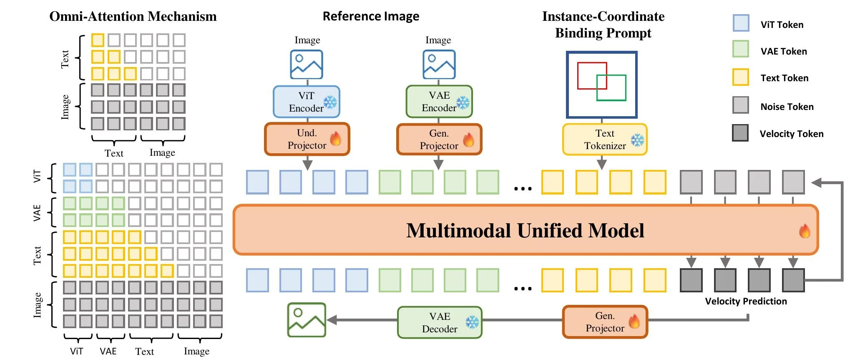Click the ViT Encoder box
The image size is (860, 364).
(x=306, y=102)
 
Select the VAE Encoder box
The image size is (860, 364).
(x=439, y=102)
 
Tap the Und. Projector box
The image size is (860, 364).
(x=307, y=139)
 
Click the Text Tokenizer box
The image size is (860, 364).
(x=604, y=140)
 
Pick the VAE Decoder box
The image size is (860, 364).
(x=440, y=323)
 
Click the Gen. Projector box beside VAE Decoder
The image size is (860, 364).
(x=605, y=322)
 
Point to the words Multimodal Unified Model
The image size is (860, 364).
(x=525, y=230)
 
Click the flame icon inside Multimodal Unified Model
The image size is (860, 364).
(x=805, y=231)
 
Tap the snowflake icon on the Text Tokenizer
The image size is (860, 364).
(x=637, y=140)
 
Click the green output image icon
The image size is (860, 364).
(x=306, y=320)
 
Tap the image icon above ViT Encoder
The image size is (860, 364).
(x=306, y=65)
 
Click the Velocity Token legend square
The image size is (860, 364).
(x=740, y=133)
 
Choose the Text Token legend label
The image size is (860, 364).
(x=784, y=78)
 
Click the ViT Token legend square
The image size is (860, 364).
(x=741, y=23)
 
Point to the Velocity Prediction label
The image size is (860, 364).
(x=746, y=301)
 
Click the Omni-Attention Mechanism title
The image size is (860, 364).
(x=133, y=17)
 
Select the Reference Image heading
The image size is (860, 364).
(x=371, y=17)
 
